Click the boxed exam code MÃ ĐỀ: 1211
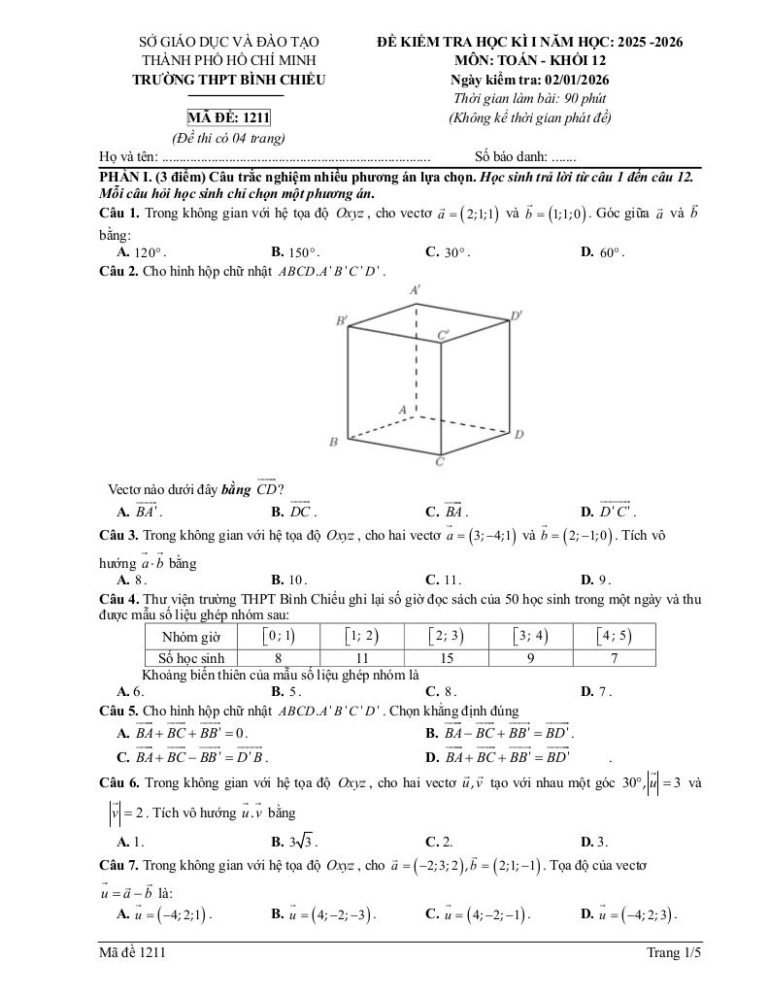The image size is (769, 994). pos(228,118)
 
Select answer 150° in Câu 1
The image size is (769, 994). pos(295,252)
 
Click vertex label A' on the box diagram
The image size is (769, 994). pos(416,289)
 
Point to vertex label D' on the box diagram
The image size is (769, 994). pos(517,315)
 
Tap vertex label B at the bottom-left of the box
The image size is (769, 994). pos(333,443)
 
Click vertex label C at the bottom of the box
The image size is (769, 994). pos(440,463)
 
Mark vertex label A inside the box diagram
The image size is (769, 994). pos(401,410)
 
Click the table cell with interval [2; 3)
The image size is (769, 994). pos(447,636)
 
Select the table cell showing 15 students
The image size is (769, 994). pos(447,657)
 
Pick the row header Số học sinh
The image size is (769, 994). pos(192,657)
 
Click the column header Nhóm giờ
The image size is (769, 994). pos(192,637)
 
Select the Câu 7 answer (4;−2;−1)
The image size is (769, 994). pos(476,914)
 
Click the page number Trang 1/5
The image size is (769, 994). pos(674,953)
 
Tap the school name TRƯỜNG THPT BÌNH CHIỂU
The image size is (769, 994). pos(229,80)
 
